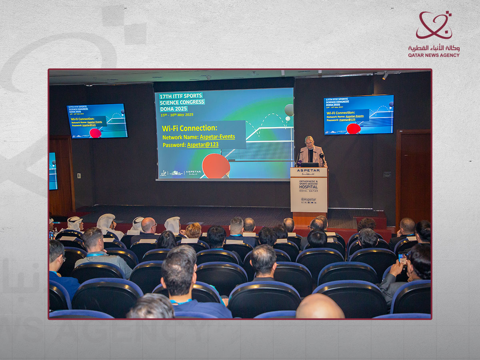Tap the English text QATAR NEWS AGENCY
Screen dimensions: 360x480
tap(434, 55)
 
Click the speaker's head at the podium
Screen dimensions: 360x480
tap(309, 141)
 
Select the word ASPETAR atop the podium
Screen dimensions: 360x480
tap(308, 170)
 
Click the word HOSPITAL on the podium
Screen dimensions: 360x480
tap(308, 186)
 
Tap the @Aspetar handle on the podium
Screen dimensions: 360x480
tap(308, 199)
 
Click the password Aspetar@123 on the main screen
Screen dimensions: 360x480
tap(203, 145)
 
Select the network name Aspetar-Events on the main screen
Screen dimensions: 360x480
tap(217, 137)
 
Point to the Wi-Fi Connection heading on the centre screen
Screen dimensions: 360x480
tap(189, 128)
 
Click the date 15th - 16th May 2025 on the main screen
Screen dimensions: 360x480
tap(176, 115)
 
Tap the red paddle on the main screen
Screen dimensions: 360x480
tap(216, 166)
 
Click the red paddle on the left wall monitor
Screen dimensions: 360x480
tap(95, 133)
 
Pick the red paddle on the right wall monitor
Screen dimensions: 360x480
tap(353, 128)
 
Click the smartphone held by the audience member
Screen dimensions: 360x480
tap(402, 256)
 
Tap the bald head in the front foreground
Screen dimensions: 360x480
tap(320, 307)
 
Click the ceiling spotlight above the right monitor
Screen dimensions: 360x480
tap(385, 76)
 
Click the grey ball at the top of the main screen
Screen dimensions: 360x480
tap(289, 109)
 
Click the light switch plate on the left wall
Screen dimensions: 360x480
tap(79, 175)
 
